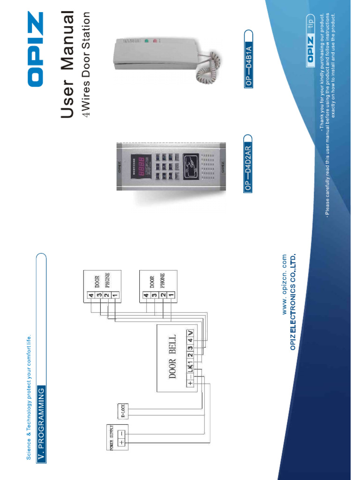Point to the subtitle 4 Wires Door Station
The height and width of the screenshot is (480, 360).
pyautogui.click(x=85, y=64)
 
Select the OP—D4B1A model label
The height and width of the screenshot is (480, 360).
pyautogui.click(x=248, y=59)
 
